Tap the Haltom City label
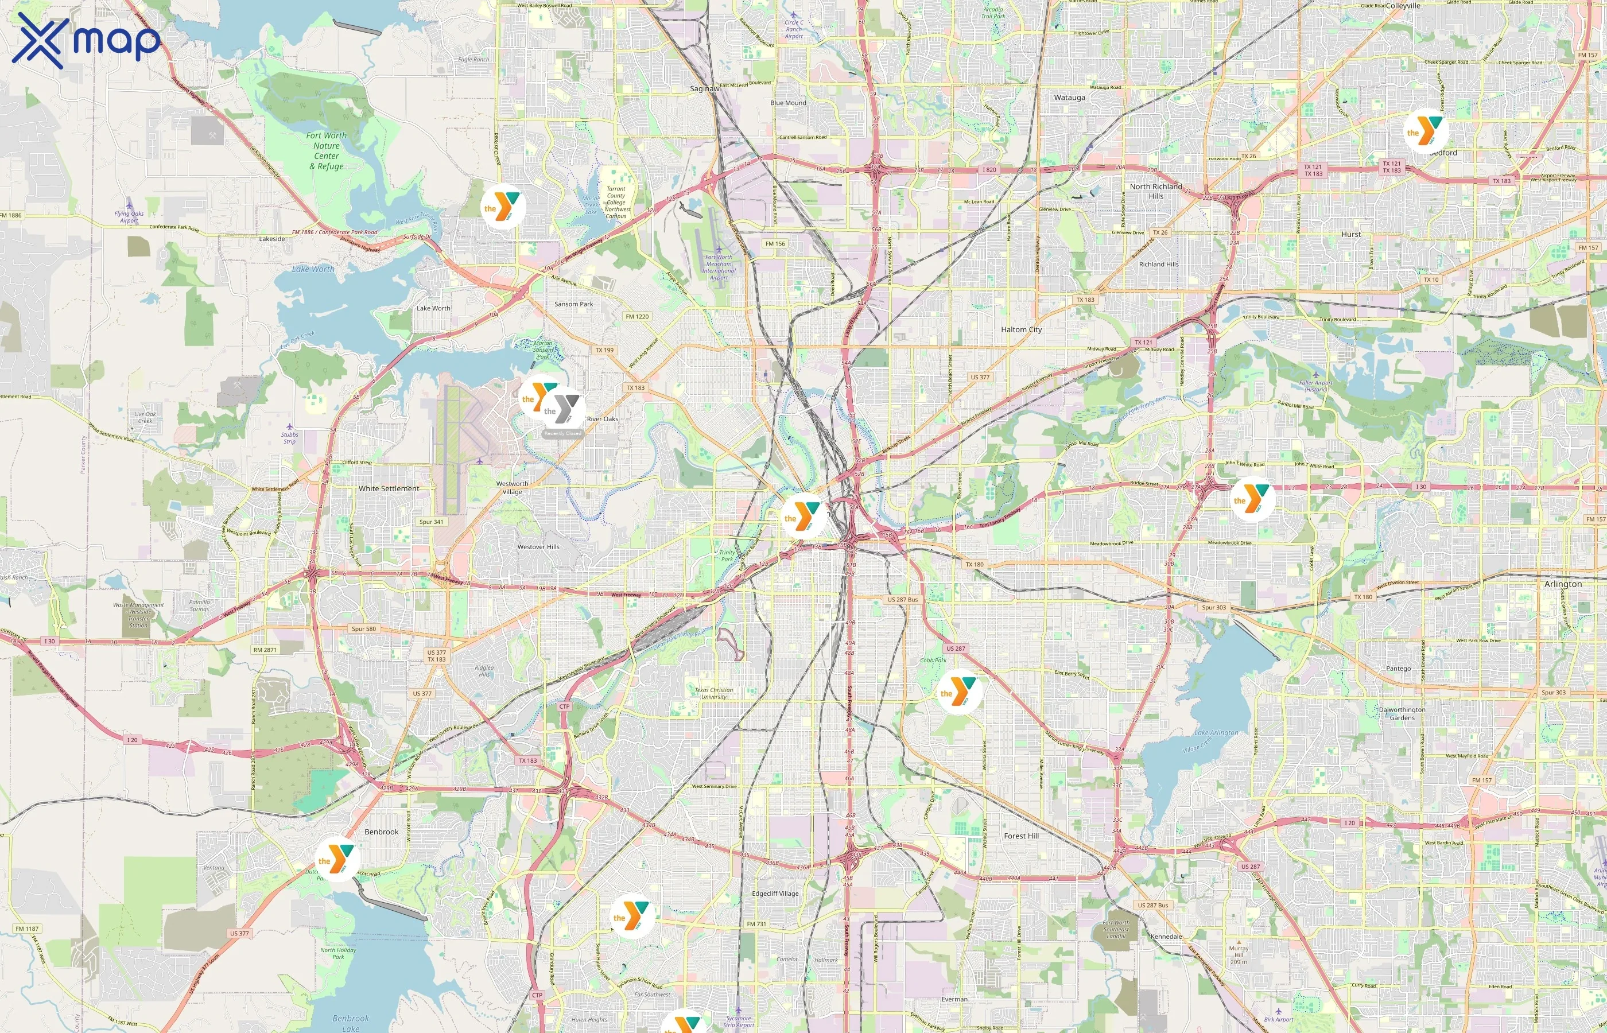click(x=1021, y=329)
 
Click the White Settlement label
click(x=389, y=488)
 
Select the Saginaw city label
click(x=704, y=88)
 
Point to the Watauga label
click(x=1069, y=97)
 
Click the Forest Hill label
click(x=1021, y=836)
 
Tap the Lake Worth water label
click(x=313, y=269)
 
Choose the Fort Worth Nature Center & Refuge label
click(x=326, y=151)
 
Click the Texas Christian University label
click(x=713, y=693)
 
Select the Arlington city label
click(x=1562, y=584)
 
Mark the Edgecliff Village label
click(x=775, y=894)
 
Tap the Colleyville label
click(x=1403, y=5)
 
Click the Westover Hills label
click(x=538, y=547)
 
